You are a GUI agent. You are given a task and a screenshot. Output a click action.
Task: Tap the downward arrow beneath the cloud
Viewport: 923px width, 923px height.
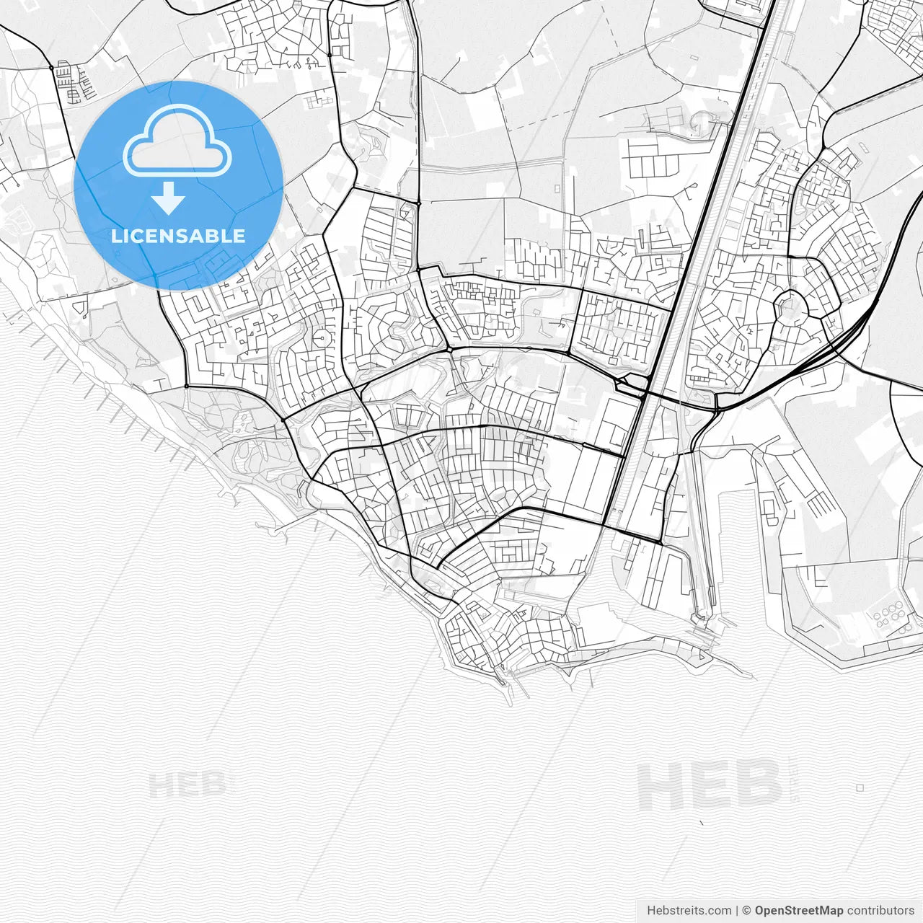(169, 198)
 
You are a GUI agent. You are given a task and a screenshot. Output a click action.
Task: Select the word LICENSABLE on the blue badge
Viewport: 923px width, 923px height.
(178, 236)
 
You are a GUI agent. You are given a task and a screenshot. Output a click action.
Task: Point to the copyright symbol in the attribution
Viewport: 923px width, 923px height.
(747, 911)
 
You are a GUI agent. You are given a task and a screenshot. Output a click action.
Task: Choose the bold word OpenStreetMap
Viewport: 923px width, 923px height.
(798, 911)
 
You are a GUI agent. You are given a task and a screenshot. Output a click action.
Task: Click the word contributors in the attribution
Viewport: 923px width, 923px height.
(880, 911)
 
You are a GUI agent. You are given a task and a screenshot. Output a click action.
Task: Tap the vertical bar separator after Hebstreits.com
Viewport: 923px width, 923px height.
(737, 911)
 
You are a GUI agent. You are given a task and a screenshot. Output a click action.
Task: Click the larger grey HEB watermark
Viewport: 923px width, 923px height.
(710, 784)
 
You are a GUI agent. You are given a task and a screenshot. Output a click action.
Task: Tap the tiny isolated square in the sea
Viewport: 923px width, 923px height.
(860, 787)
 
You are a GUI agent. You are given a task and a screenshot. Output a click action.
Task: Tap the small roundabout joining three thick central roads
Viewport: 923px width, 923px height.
(449, 350)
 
